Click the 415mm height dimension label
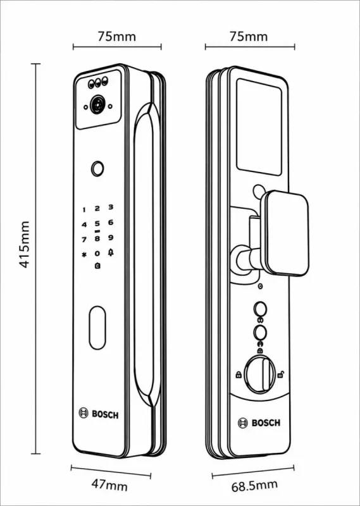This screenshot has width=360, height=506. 25,245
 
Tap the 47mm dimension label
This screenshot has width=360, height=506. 110,485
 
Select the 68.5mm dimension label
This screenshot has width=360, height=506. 254,485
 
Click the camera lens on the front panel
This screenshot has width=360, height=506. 98,104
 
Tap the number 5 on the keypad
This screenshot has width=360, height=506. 97,223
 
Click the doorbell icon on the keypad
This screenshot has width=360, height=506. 111,253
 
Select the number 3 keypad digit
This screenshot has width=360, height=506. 111,207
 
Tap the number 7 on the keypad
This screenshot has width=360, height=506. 84,240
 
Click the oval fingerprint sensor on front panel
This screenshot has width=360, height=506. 97,328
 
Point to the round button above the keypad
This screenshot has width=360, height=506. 97,169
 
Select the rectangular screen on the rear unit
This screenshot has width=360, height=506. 259,127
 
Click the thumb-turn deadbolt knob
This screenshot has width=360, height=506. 260,374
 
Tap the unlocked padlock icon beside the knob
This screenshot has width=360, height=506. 281,374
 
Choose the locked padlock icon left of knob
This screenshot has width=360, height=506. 239,374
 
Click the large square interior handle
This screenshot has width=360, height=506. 285,233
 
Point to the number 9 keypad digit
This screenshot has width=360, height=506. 111,238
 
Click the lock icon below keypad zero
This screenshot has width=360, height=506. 97,266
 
